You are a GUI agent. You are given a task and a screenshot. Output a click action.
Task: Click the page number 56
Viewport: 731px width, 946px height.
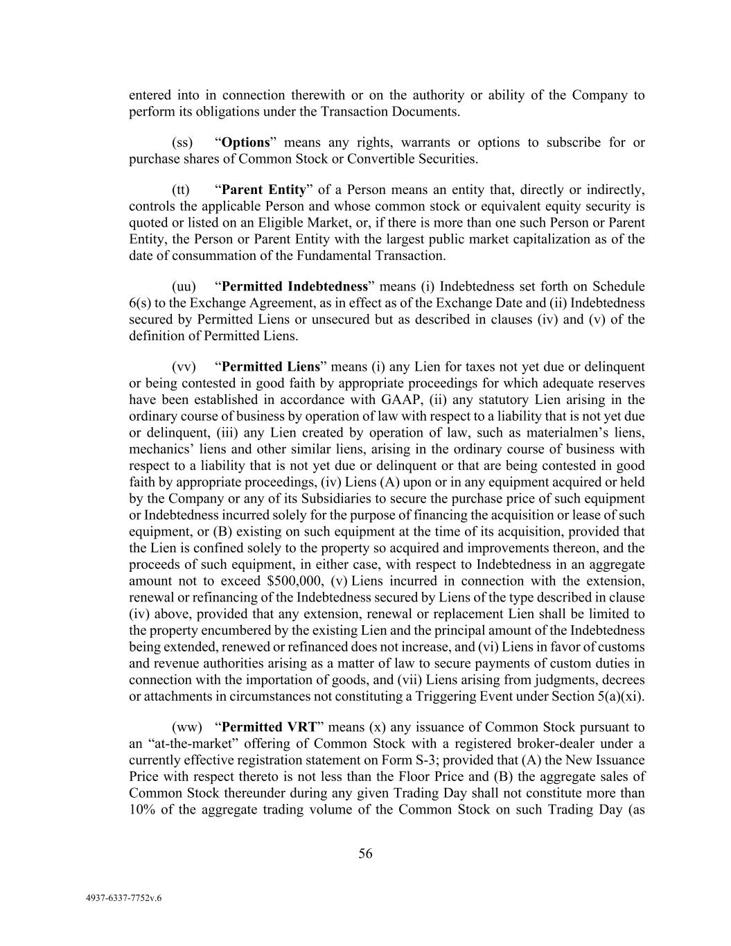[365, 854]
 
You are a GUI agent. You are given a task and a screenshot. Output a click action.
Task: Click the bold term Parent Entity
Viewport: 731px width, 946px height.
[263, 190]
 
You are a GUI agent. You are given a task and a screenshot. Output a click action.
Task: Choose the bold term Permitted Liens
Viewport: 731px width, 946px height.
[271, 367]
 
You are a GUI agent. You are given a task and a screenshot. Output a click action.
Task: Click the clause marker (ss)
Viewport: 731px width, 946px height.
[182, 143]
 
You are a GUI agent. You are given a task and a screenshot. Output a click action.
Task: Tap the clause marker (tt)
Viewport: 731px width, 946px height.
[180, 190]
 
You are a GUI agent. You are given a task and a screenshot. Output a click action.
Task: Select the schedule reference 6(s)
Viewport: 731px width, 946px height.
[141, 304]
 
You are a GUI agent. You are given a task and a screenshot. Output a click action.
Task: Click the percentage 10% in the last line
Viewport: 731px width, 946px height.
[142, 810]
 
